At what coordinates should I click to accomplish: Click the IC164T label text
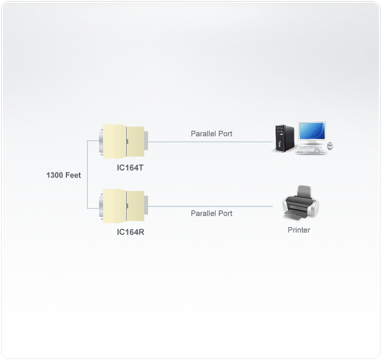pos(130,168)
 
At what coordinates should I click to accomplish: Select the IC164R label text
pos(130,232)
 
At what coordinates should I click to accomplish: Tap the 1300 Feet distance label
pos(64,175)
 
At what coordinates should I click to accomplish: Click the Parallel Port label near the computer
pos(212,133)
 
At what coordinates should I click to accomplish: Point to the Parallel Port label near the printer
pos(212,213)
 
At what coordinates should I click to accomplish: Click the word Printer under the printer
pos(299,230)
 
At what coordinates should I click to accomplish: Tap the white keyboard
pos(311,149)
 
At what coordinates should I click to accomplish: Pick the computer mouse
pos(330,146)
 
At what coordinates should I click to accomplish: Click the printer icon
pos(299,204)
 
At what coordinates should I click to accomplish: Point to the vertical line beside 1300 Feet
pos(87,174)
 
